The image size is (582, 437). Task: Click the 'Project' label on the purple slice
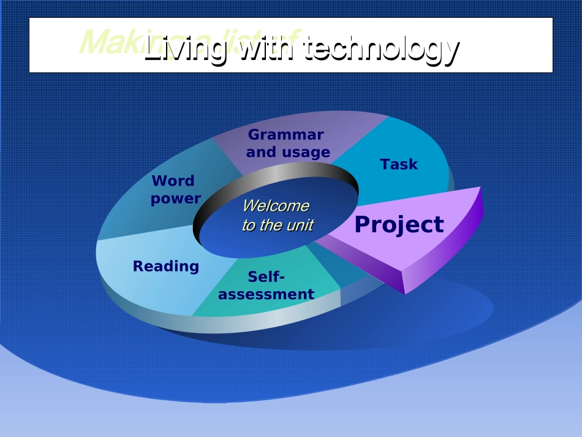click(x=399, y=225)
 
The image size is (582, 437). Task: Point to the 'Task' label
click(x=399, y=164)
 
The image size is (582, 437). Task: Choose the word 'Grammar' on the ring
click(x=285, y=135)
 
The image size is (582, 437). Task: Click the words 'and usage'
click(x=288, y=152)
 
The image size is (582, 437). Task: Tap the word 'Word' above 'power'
click(x=173, y=181)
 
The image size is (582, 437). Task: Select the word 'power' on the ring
click(x=176, y=199)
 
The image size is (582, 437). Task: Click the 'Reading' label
click(x=166, y=266)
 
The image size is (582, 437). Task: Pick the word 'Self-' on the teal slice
click(x=266, y=277)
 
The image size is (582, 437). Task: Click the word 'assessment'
click(x=266, y=294)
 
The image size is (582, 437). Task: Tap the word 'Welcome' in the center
click(x=276, y=205)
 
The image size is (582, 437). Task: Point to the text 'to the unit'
click(x=277, y=225)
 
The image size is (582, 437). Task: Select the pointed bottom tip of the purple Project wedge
click(x=405, y=292)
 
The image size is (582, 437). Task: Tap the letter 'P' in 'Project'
click(x=363, y=225)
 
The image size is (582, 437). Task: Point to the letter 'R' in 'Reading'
click(x=138, y=266)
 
